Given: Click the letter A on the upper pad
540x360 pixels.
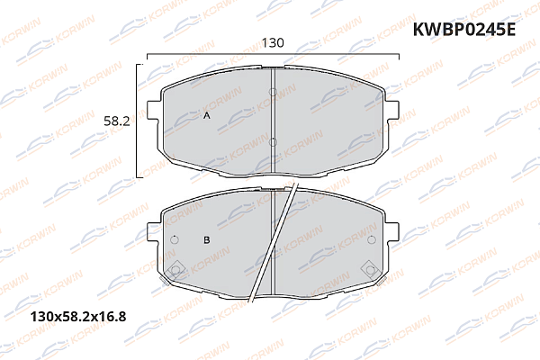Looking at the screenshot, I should click(206, 117).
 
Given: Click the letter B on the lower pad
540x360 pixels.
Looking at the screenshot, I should click(206, 239).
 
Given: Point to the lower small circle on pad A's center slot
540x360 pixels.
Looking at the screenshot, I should click(273, 141).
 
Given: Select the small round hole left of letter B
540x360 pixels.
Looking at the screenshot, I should click(175, 239).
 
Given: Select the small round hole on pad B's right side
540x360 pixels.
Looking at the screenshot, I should click(372, 239).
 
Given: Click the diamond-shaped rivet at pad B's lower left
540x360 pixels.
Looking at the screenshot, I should click(177, 267).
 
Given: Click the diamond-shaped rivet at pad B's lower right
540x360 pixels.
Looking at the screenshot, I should click(369, 267).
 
